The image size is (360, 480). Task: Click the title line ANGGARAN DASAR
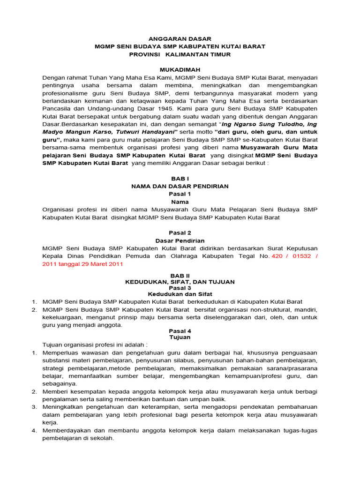180,39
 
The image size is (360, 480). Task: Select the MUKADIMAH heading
180,69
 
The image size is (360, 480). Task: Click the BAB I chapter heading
180,179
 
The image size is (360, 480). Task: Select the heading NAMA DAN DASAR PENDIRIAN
180,186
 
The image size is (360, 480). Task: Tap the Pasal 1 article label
180,194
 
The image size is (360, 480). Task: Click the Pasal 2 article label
180,232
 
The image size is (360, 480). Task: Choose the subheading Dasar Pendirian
180,240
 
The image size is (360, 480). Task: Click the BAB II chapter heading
180,276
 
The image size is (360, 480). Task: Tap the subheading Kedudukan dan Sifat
180,294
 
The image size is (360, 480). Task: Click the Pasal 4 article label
180,330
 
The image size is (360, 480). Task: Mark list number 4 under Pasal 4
34,430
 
